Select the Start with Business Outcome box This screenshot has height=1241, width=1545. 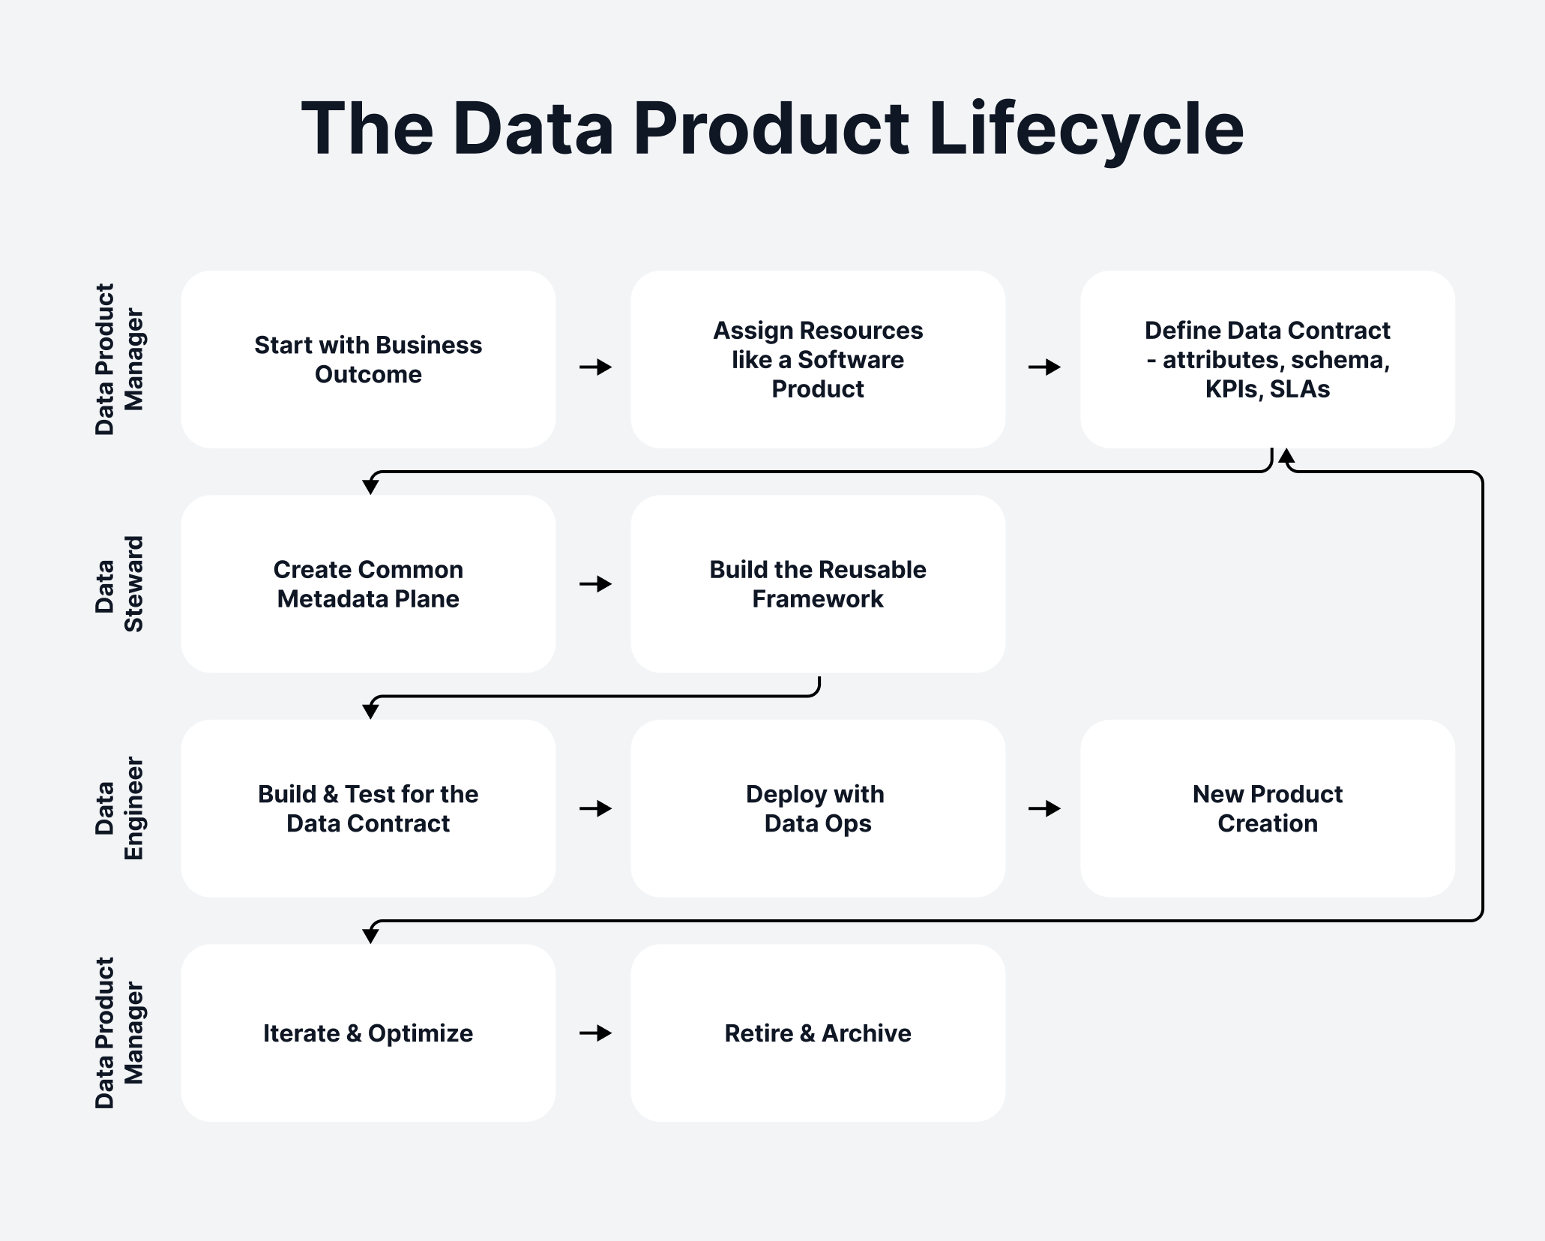click(368, 360)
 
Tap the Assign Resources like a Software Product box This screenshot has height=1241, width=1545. click(818, 360)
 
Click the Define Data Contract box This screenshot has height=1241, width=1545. click(1267, 360)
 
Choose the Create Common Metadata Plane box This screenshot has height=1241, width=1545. click(368, 584)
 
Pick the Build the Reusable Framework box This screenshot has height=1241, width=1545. click(818, 584)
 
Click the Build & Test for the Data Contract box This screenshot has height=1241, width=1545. click(368, 808)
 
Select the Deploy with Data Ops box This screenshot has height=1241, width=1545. click(818, 808)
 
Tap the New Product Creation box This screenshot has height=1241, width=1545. click(1267, 808)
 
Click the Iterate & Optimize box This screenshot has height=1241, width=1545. click(368, 1033)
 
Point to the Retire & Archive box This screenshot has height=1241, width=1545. click(818, 1033)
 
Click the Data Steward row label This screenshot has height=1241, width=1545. click(118, 584)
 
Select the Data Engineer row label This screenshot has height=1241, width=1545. click(118, 808)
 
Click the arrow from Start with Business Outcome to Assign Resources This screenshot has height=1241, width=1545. click(596, 367)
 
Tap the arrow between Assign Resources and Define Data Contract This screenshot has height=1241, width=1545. click(1044, 367)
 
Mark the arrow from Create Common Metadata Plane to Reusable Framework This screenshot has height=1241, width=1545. click(596, 584)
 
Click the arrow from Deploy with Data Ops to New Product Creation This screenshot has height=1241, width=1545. click(1044, 808)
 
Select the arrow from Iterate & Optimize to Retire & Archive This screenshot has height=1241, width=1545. click(596, 1033)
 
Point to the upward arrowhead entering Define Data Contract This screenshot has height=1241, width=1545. click(1286, 456)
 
